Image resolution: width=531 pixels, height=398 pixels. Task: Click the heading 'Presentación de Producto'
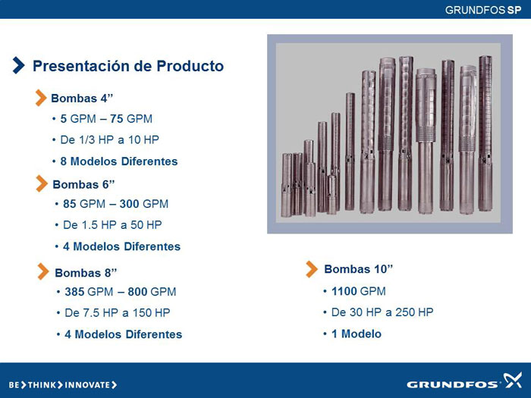point(128,66)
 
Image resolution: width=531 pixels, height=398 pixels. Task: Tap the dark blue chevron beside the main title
point(19,65)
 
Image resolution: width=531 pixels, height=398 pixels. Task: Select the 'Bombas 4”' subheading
point(82,98)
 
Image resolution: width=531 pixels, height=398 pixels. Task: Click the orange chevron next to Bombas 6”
point(42,183)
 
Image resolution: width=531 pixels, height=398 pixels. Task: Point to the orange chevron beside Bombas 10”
point(312,269)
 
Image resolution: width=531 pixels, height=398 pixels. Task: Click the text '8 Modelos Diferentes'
point(119,161)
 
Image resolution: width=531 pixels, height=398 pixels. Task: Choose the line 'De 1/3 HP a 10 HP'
point(110,139)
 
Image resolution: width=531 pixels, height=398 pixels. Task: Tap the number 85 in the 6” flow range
point(70,204)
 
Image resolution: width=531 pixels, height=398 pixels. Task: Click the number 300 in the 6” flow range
point(129,204)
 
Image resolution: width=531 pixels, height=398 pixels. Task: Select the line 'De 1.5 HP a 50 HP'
point(112,224)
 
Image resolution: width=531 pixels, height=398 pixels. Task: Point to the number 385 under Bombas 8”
point(74,292)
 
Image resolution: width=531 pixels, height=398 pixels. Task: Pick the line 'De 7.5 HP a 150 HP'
point(117,312)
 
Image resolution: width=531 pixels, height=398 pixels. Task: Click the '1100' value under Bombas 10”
point(344,291)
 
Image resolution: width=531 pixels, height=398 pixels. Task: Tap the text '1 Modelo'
point(357,334)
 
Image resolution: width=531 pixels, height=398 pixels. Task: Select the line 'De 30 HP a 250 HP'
point(382,312)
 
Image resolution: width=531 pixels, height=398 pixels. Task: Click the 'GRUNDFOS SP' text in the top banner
point(483,10)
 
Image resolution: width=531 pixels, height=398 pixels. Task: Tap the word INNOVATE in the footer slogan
point(87,385)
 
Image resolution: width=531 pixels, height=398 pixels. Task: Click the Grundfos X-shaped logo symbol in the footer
point(512,381)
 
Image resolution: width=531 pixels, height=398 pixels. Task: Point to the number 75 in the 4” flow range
point(117,119)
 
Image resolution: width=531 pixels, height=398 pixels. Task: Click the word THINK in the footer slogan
point(41,385)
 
